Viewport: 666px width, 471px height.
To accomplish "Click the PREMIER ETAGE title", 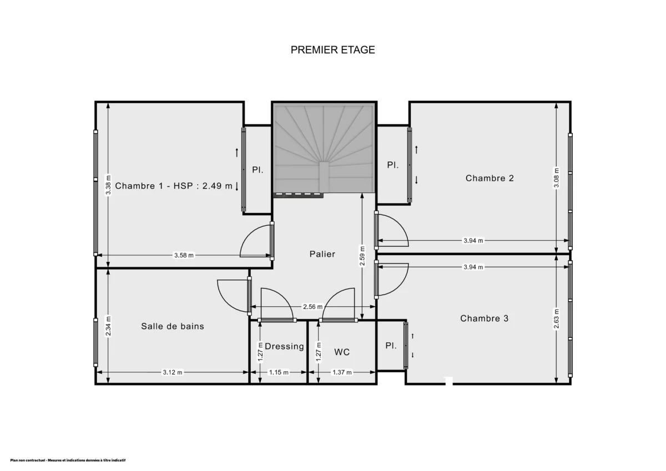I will point(332,50).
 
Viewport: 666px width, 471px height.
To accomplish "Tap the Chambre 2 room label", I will point(490,178).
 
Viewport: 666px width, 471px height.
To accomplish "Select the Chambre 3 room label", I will point(484,318).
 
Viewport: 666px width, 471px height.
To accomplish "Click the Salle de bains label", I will point(173,326).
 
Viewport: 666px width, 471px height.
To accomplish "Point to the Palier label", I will point(322,254).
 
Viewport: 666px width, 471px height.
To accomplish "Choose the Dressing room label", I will point(284,346).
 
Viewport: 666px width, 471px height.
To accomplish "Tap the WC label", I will point(342,352).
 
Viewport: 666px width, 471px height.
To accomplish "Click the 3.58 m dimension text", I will point(184,256).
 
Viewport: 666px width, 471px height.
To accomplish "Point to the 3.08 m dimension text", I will point(557,178).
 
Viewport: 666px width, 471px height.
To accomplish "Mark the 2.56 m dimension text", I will point(312,307).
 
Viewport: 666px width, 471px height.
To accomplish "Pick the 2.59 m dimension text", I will point(362,256).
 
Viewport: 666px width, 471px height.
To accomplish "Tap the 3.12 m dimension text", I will point(173,372).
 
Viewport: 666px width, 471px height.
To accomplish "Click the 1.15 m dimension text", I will point(279,372).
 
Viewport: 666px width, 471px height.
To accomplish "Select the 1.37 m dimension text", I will point(342,372).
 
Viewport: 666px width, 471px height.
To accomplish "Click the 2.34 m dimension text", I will point(109,326).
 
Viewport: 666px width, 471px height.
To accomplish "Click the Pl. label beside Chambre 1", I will point(258,170).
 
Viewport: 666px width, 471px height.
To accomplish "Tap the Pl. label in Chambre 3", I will point(391,346).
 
